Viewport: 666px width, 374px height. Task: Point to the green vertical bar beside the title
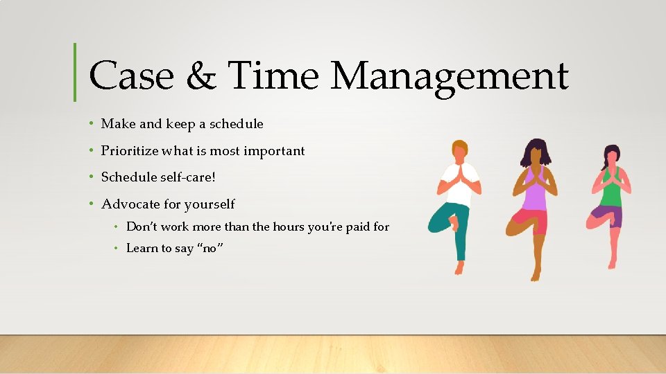[75, 72]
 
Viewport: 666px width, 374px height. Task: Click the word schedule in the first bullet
[237, 124]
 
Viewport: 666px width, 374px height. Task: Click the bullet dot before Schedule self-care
[92, 177]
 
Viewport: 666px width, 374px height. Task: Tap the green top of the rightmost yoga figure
[610, 194]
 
